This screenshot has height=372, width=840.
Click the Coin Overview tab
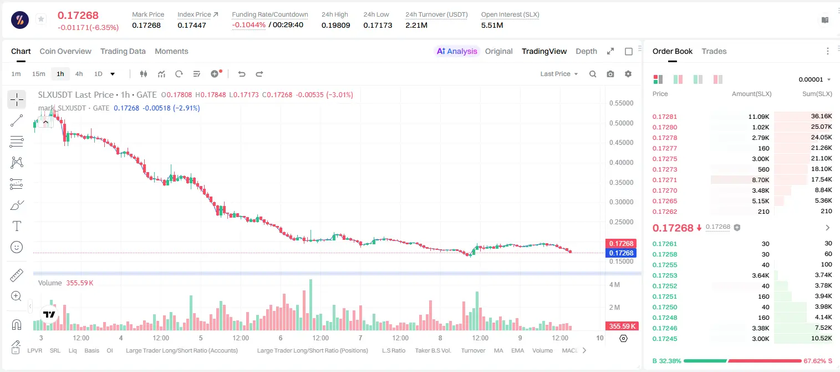click(x=65, y=51)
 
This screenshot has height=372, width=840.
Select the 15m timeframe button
click(x=38, y=74)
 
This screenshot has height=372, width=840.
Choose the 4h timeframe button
click(x=79, y=74)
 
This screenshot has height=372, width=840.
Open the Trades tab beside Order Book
click(x=714, y=51)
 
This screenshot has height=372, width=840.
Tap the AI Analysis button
click(x=457, y=51)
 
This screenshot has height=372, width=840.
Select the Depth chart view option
click(x=586, y=51)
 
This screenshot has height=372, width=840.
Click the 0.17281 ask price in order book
click(x=664, y=117)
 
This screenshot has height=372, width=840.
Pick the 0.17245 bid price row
click(x=664, y=339)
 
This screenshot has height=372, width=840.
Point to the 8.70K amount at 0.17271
click(x=761, y=180)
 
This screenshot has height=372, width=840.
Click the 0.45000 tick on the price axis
click(x=621, y=143)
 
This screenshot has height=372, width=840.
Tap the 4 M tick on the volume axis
click(x=614, y=284)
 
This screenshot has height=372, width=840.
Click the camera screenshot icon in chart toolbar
click(x=610, y=74)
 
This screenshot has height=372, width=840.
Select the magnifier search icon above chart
click(x=593, y=74)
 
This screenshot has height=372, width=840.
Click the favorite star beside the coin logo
click(x=41, y=19)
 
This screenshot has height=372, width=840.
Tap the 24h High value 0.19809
click(x=335, y=25)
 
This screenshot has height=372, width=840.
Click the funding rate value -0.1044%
click(x=248, y=25)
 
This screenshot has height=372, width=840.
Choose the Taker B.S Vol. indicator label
click(x=432, y=350)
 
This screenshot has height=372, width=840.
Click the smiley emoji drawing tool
click(x=17, y=247)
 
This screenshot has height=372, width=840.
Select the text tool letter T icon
click(x=17, y=226)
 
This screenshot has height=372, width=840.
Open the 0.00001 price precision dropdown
click(x=814, y=79)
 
